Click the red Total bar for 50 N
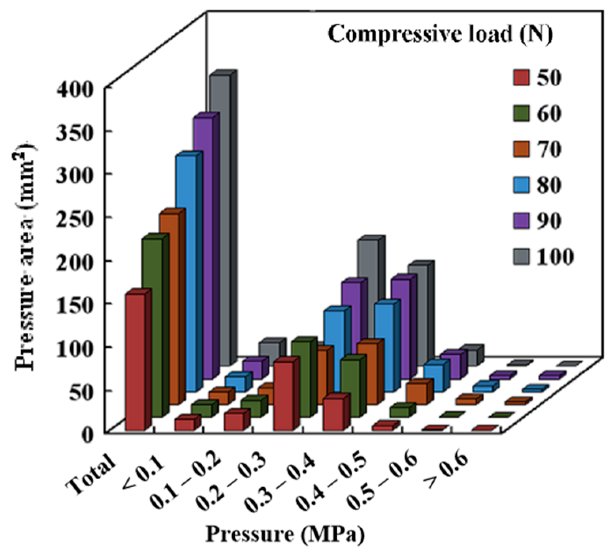[x=135, y=362]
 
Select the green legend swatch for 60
[x=521, y=114]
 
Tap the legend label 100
[x=555, y=257]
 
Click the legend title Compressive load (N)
[x=440, y=34]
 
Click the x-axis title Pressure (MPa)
[x=284, y=534]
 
